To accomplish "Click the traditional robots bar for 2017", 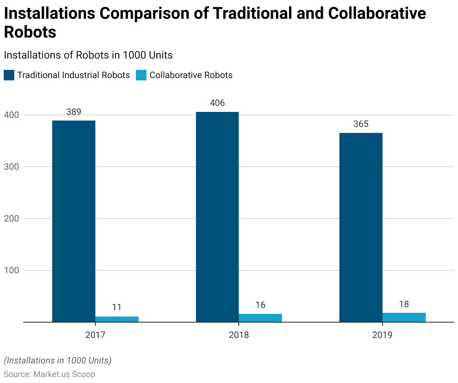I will (74, 221).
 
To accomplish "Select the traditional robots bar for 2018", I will (217, 217).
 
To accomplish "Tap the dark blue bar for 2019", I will (361, 227).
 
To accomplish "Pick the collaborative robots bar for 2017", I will (117, 319).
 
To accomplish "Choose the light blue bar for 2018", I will (260, 318).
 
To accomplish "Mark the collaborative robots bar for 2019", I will (404, 317).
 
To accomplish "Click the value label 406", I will (217, 103).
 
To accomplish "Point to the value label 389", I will (74, 112).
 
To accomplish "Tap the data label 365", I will (361, 124).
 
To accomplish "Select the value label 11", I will (117, 307).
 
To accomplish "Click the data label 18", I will (404, 304).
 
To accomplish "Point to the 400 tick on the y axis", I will (11, 115).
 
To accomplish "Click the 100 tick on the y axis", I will (11, 270).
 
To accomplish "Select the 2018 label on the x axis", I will (239, 335).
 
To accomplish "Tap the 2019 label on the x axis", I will (382, 335).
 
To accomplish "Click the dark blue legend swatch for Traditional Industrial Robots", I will (9, 75).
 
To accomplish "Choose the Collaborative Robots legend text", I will (191, 75).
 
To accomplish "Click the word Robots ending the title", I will (30, 32).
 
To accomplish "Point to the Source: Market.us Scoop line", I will (50, 374).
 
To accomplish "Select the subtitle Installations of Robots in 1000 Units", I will (88, 55).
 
